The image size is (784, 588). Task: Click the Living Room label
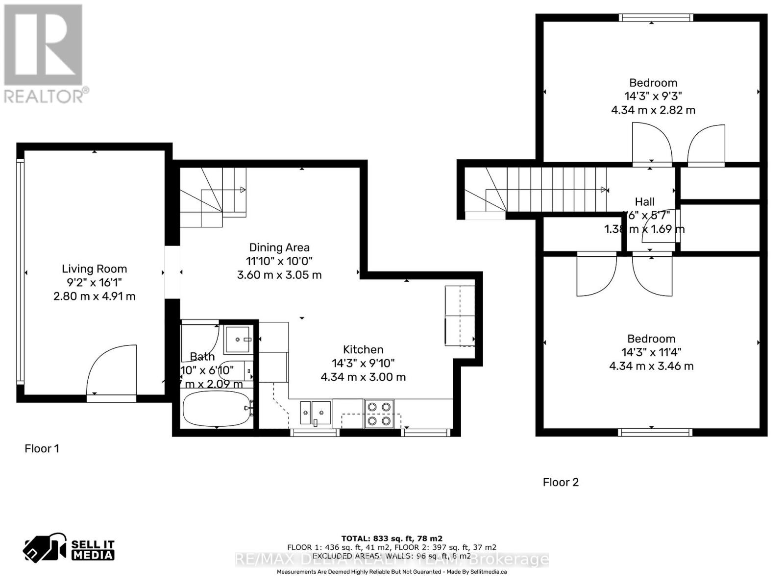point(94,269)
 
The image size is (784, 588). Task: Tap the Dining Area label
point(279,247)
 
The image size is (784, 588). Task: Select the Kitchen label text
point(363,349)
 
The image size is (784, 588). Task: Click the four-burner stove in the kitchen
point(379,414)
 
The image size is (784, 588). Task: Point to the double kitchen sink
point(315,413)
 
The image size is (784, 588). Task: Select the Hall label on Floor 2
point(644,201)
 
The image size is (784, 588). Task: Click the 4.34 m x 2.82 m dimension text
point(653,110)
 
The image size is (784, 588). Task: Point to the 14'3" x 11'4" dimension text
point(651,352)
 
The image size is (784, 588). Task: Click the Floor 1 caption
point(42,448)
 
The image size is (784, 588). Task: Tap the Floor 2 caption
point(561,482)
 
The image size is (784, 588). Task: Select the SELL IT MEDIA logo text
point(93,550)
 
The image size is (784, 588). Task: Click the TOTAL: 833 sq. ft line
point(392,539)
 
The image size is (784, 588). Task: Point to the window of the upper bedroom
point(656,18)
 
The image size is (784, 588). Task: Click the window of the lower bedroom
point(655,432)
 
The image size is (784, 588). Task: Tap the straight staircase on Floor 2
point(554,190)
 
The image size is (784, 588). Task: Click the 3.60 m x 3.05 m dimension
point(279,275)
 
